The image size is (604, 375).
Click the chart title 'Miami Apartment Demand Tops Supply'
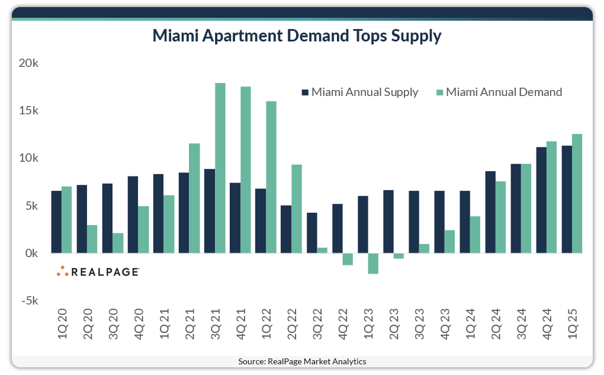click(297, 36)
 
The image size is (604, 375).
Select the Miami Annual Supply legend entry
click(360, 92)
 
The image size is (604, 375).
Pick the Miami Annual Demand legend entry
click(499, 92)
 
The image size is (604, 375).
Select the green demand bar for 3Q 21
click(220, 168)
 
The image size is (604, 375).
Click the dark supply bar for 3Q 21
click(209, 211)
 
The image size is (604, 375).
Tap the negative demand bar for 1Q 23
click(373, 264)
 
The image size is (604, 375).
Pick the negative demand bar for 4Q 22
click(348, 259)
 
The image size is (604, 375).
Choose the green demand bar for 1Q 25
click(577, 194)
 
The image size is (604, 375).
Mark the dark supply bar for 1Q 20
click(56, 222)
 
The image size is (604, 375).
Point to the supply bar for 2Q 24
click(490, 212)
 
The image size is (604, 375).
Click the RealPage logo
click(98, 272)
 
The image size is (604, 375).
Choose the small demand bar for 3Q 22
click(322, 251)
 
